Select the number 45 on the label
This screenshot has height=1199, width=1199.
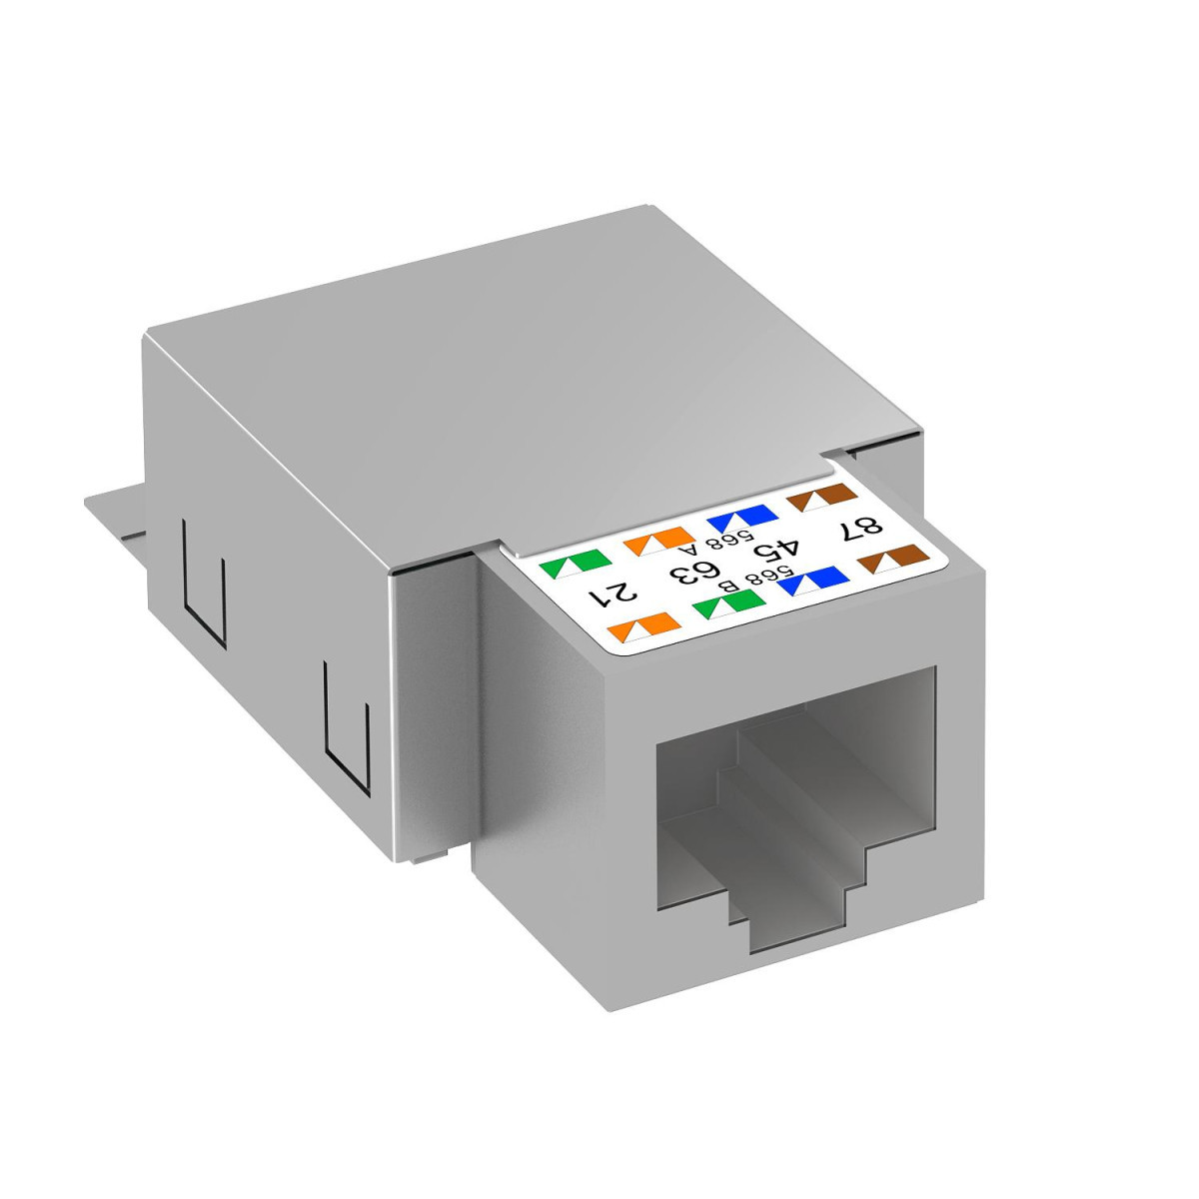(779, 548)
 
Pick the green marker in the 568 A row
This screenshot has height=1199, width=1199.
(567, 567)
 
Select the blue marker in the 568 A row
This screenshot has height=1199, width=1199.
(741, 518)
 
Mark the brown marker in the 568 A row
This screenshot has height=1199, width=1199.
(821, 495)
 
